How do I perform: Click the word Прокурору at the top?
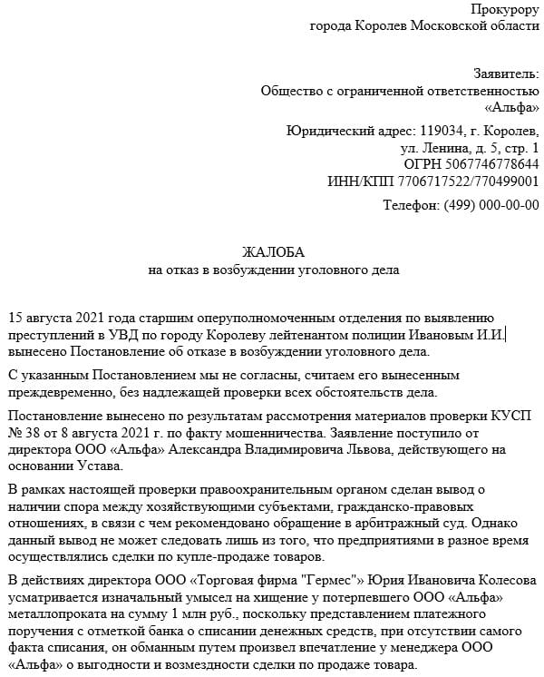point(504,9)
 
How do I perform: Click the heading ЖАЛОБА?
point(273,252)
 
